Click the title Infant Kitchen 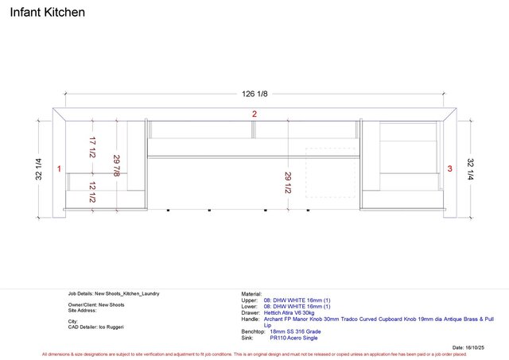47,13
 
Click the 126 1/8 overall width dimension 254,94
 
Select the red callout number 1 60,169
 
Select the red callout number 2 254,114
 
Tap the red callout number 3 450,169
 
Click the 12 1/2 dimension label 93,192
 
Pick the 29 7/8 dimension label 117,168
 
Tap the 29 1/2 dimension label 287,182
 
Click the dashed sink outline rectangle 330,172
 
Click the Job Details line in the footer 114,293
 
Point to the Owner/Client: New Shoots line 96,304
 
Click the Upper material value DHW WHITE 297,300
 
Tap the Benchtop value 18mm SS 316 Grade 295,331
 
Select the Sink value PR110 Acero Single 293,338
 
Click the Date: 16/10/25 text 468,347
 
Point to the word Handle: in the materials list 251,319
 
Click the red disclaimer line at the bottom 254,354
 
